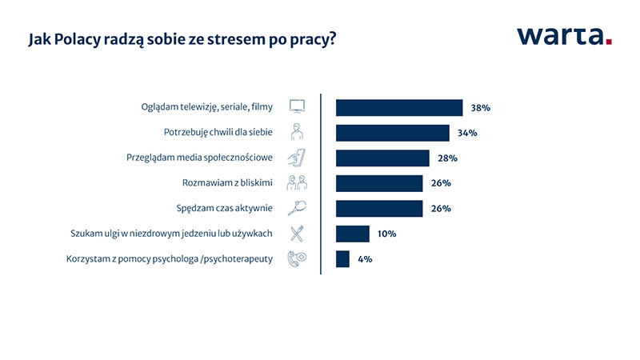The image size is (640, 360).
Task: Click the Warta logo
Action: point(564,36)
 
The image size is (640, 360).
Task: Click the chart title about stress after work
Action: point(182,39)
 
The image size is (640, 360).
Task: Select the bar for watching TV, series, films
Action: point(399,108)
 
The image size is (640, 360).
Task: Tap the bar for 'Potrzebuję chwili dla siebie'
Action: point(393,133)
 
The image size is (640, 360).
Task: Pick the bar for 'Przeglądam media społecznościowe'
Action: point(382,158)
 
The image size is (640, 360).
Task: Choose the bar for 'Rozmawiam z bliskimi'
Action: point(379,184)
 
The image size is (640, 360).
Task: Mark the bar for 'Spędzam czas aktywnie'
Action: point(379,209)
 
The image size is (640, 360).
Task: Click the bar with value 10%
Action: point(353,234)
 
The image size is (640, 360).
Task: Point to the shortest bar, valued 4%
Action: point(342,259)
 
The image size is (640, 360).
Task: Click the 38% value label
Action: point(481,108)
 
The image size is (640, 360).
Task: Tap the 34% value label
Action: point(467,133)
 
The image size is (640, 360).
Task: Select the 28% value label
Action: point(447,158)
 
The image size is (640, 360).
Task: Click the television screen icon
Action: point(297,106)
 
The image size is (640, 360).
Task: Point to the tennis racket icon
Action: point(297,208)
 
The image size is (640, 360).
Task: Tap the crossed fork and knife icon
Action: point(297,234)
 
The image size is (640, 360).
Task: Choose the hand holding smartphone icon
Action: point(297,158)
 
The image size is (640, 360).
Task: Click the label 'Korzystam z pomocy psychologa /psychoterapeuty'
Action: point(170,259)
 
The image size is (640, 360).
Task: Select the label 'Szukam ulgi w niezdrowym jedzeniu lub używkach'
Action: point(171,234)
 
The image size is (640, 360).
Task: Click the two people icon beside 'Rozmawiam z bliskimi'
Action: point(297,183)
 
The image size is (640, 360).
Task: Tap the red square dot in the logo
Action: point(609,42)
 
